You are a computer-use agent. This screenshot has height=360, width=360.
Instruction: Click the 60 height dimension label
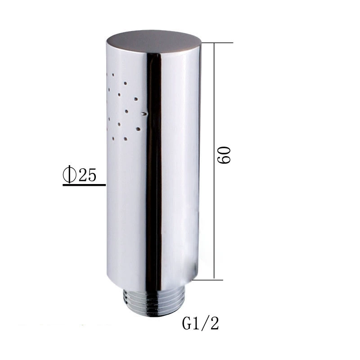pos(224,155)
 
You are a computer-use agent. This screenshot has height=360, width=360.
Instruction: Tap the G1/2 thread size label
pos(200,324)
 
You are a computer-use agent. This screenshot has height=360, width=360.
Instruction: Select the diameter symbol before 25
pos(70,175)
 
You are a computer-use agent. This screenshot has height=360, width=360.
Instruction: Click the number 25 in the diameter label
pos(87,175)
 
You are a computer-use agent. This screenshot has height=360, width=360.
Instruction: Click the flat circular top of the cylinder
pos(154,42)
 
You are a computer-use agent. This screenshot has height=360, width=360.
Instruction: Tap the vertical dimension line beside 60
pos(214,161)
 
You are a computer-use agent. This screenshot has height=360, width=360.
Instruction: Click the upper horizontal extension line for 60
pos(217,43)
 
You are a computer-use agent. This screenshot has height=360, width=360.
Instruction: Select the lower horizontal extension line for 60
pos(207,280)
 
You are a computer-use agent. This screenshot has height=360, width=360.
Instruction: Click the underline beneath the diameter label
pos(84,185)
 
